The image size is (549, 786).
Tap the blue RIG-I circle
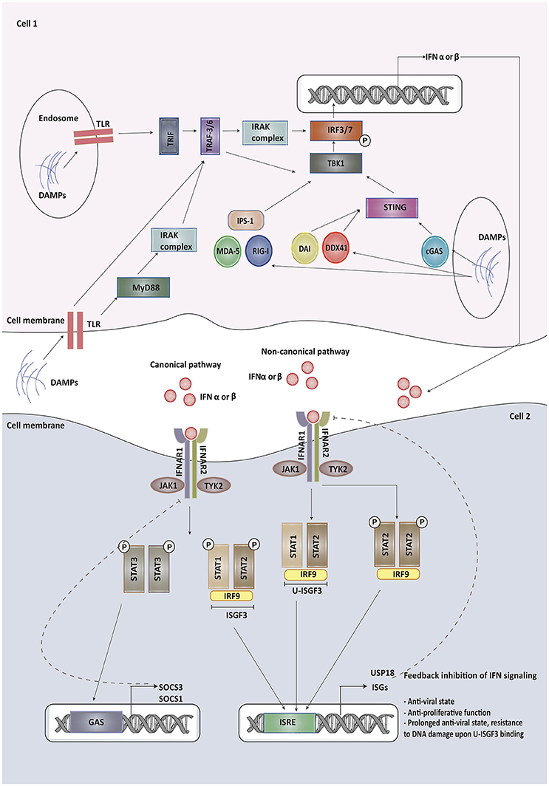261,251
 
